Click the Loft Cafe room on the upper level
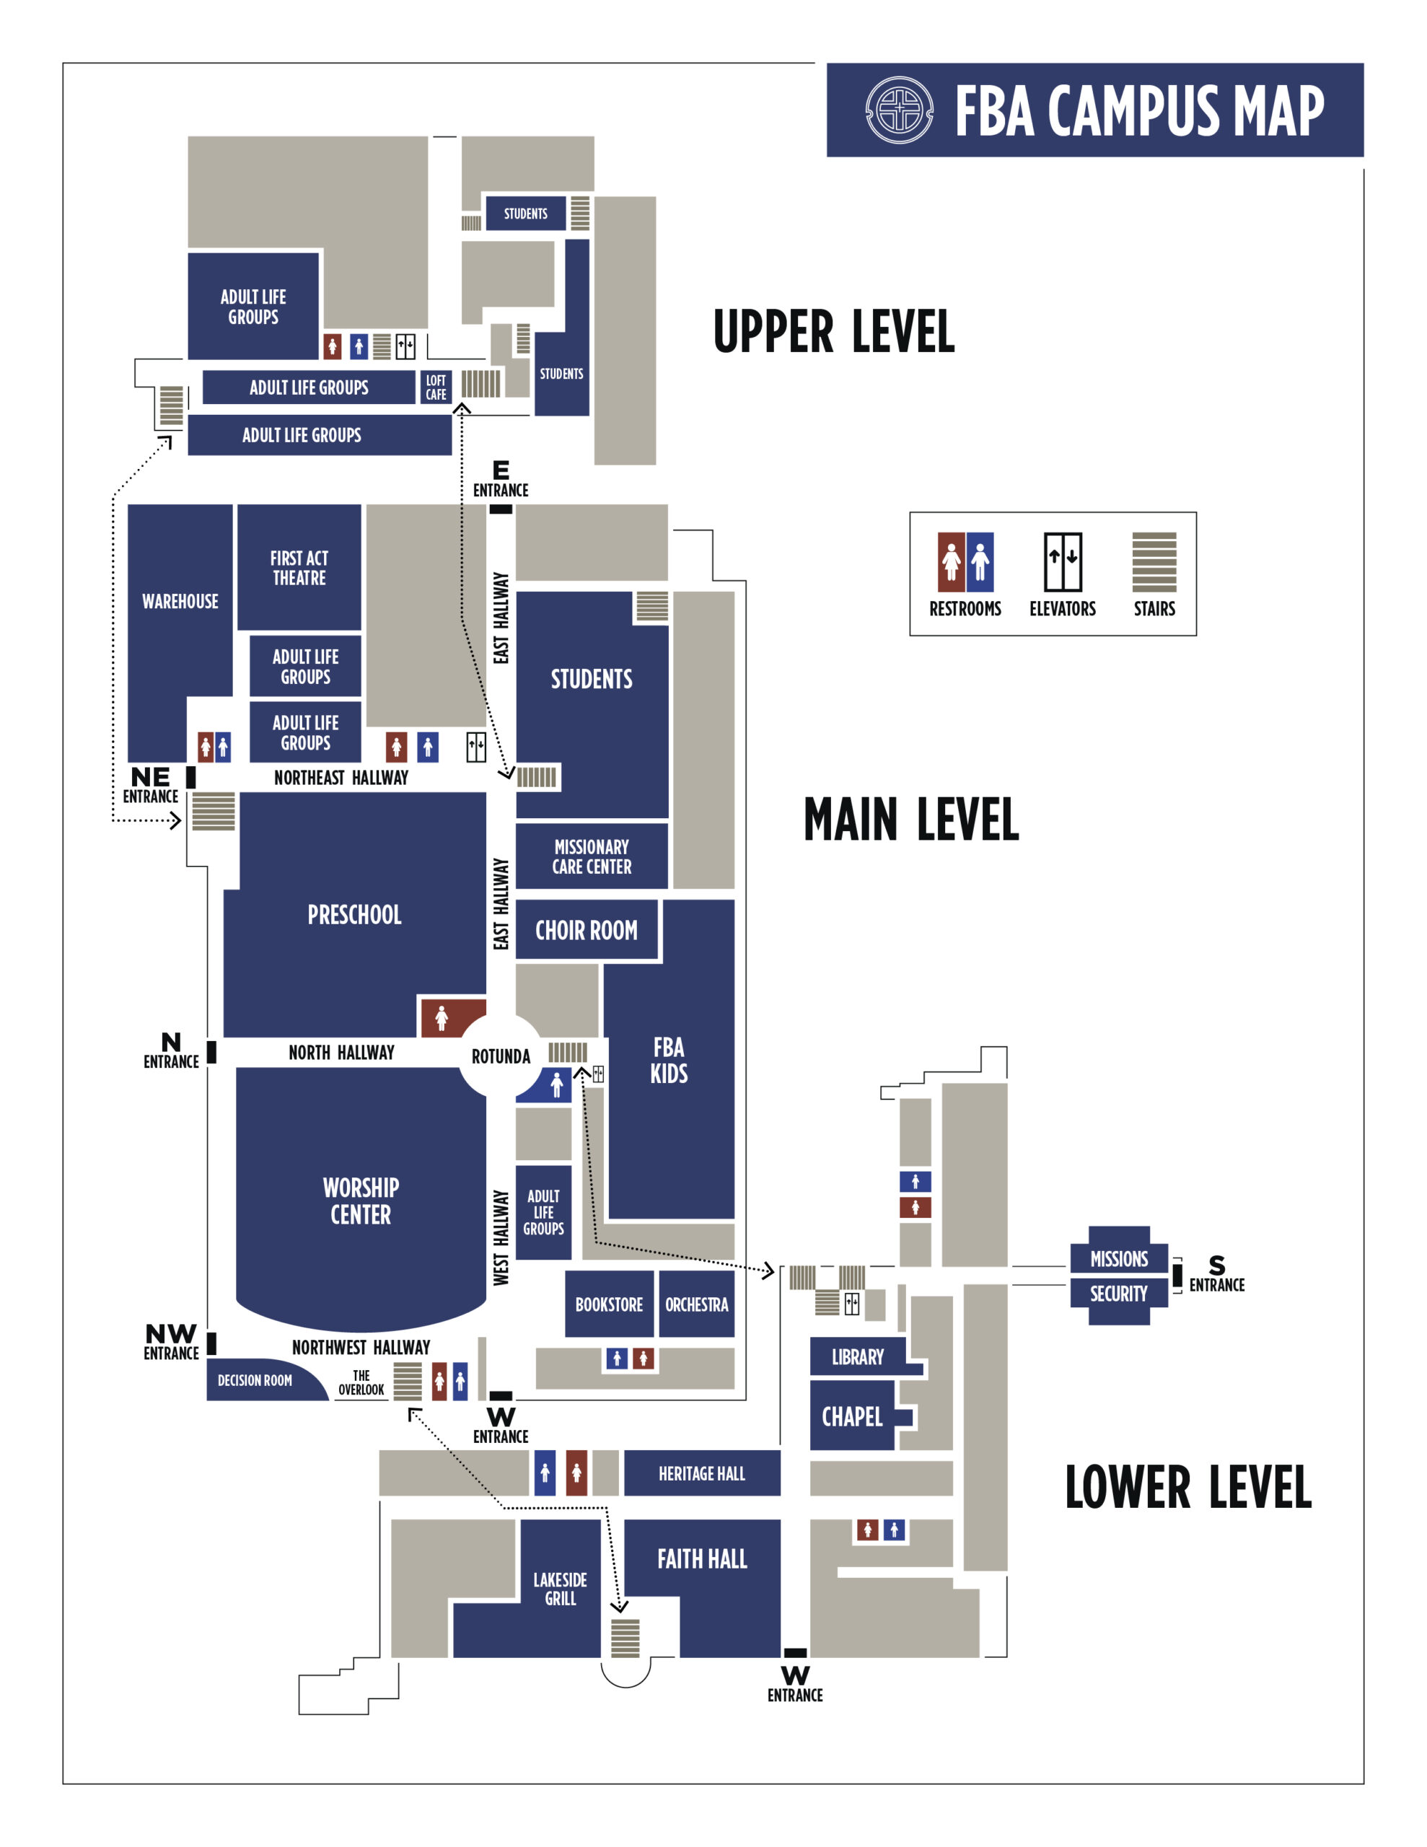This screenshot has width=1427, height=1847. point(436,387)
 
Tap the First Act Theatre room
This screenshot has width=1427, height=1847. point(299,568)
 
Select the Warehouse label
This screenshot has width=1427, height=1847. point(180,601)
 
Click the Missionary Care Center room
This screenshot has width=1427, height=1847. point(592,856)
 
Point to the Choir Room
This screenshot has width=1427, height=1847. point(587,930)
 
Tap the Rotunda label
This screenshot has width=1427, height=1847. point(501,1056)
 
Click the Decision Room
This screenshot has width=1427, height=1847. point(255,1380)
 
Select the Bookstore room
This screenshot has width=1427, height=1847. point(609,1304)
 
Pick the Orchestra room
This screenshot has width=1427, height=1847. point(696,1304)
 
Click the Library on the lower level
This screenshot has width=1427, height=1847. point(858,1357)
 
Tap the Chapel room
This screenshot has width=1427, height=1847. point(852,1416)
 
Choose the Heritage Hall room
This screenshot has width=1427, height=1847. point(702,1474)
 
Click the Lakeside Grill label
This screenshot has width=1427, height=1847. point(560,1589)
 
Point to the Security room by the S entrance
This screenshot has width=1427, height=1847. point(1118,1294)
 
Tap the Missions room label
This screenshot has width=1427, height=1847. point(1118,1258)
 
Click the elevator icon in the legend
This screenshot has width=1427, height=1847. point(1063,561)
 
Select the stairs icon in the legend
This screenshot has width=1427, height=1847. point(1154,561)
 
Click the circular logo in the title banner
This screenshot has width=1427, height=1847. point(899,110)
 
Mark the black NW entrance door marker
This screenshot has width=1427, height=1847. point(211,1343)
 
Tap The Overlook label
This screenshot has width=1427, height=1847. point(361,1382)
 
